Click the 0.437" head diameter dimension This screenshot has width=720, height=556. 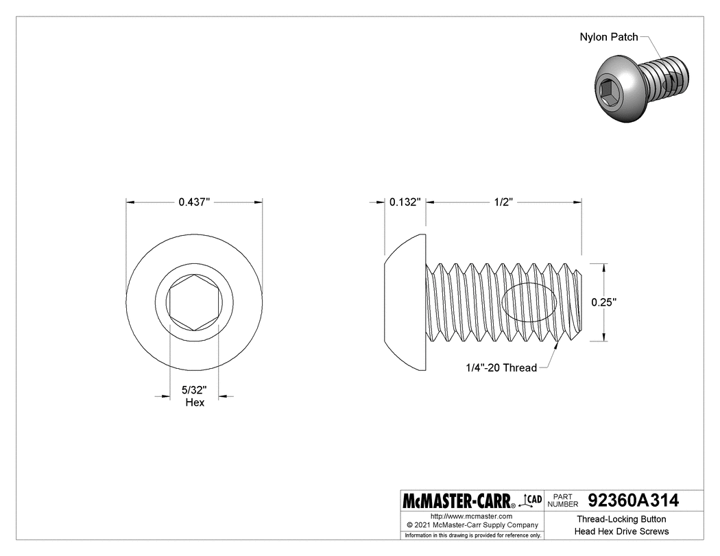point(193,202)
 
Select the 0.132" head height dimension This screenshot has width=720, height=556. point(404,202)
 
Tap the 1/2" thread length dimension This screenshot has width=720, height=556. point(504,202)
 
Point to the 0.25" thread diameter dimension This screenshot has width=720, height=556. point(604,301)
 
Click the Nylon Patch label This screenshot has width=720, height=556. point(609,37)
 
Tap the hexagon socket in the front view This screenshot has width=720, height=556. point(193,302)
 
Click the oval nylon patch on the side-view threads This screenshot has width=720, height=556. point(531,302)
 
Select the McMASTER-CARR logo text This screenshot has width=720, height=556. point(459,500)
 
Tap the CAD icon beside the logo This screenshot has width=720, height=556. point(531,500)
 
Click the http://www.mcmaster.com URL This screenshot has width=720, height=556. point(471,516)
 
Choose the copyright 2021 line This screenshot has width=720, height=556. point(471,524)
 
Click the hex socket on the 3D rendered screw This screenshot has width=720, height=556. point(609,91)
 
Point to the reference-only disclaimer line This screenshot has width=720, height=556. point(472,535)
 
